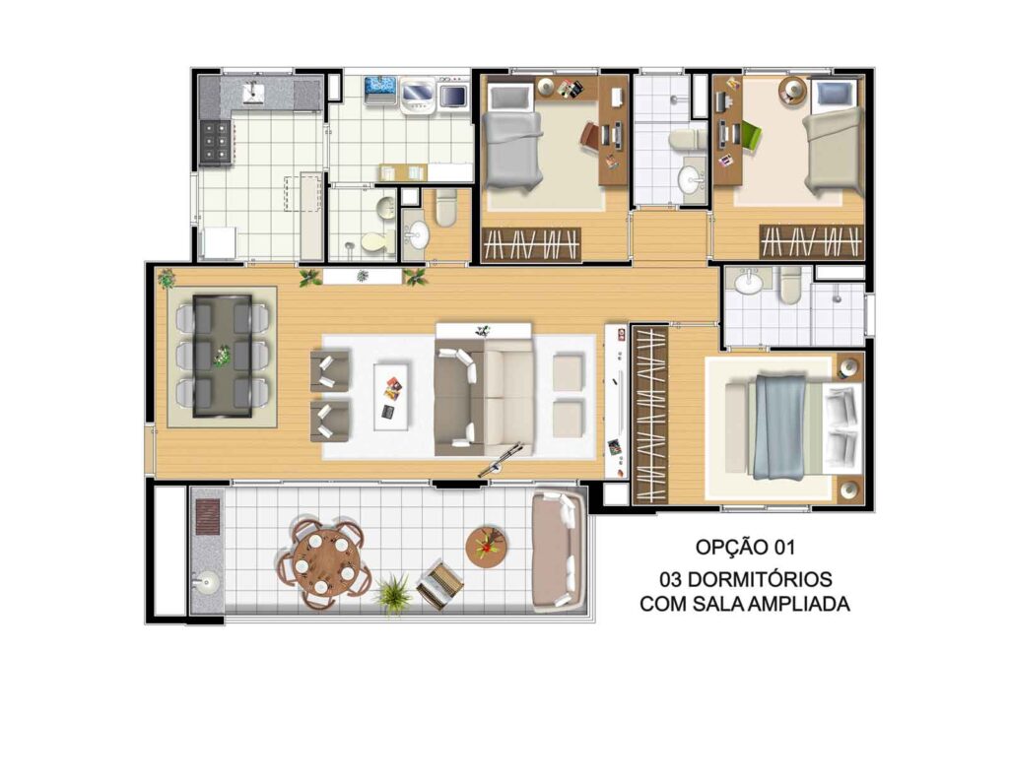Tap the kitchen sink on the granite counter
[253, 93]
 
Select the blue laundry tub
[379, 90]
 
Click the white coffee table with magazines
[391, 396]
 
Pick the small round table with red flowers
[487, 547]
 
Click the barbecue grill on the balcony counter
[208, 518]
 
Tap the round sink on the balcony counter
[206, 583]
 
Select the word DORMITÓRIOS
[760, 579]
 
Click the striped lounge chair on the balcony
[440, 585]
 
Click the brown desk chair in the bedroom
[591, 135]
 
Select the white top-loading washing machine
[418, 93]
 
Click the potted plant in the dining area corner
[167, 278]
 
